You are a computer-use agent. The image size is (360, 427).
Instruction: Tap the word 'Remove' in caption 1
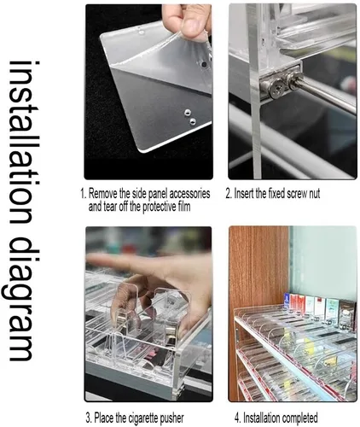(103, 194)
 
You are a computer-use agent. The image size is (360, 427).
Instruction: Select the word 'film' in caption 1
(184, 207)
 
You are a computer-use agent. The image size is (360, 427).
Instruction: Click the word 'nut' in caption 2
(314, 194)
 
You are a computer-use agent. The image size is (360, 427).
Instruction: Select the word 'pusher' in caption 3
(171, 418)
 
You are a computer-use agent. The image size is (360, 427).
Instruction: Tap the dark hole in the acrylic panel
(204, 65)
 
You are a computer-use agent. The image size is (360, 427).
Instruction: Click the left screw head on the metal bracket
(276, 85)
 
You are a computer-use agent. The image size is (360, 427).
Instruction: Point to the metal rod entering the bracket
(327, 93)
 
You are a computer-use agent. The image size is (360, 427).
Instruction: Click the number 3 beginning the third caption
(88, 418)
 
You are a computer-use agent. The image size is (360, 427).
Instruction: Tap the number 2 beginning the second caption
(229, 194)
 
